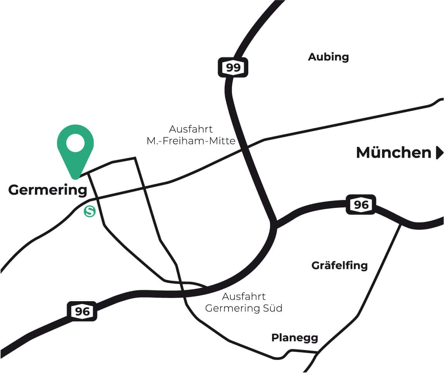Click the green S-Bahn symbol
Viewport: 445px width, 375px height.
pos(90,211)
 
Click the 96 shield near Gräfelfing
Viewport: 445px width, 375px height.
pos(361,204)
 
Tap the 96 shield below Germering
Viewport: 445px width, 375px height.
pos(82,311)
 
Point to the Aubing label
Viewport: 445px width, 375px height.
pos(328,57)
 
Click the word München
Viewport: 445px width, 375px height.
pos(393,153)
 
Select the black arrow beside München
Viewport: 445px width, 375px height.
pos(439,153)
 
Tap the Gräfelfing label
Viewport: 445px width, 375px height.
pos(339,266)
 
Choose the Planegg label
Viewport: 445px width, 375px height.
pos(294,338)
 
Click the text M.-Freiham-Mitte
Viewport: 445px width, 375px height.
pos(191,141)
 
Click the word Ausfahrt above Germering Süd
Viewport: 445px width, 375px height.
pos(244,297)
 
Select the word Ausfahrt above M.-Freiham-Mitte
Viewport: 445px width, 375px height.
pos(191,129)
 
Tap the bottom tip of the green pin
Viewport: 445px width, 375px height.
pos(76,178)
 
